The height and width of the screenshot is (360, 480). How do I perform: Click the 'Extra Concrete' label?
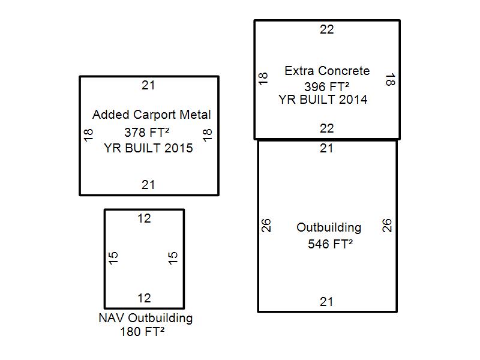tap(327, 71)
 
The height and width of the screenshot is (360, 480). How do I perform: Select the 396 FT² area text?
tap(327, 86)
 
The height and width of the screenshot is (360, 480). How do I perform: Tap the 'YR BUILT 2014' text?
tap(323, 100)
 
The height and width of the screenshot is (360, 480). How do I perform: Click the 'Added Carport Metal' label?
tap(151, 115)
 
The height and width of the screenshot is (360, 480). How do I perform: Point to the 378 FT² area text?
tap(148, 133)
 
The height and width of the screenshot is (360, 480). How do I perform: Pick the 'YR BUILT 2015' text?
tap(148, 148)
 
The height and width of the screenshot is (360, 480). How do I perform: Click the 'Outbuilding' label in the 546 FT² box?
tap(329, 228)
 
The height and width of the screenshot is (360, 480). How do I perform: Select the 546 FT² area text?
tap(330, 244)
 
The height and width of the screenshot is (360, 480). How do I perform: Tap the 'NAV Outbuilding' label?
tap(145, 318)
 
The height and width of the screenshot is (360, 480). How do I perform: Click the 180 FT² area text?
tap(142, 331)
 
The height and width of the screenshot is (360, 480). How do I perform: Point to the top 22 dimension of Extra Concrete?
tap(326, 29)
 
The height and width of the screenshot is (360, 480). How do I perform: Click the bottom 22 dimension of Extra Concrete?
tap(326, 128)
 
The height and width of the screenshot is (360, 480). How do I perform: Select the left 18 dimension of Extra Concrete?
tap(263, 79)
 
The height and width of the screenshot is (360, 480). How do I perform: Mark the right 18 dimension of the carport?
tap(208, 134)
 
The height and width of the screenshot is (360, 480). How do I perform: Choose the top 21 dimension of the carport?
tap(148, 85)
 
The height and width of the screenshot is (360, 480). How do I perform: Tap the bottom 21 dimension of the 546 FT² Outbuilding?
tap(326, 302)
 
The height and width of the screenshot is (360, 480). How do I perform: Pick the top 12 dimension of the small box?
tap(144, 218)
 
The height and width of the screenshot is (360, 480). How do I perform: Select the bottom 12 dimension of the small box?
tap(144, 298)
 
